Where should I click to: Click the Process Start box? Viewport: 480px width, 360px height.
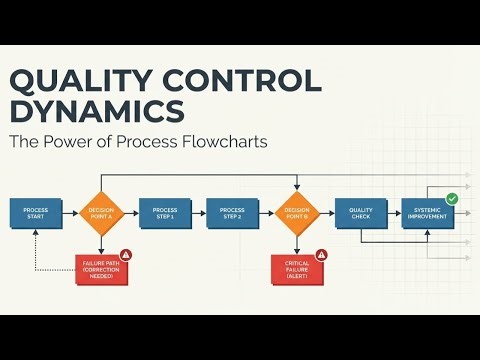pyautogui.click(x=36, y=212)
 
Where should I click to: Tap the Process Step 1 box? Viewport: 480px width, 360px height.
pyautogui.click(x=164, y=212)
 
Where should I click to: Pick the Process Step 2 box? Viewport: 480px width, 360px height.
pyautogui.click(x=231, y=212)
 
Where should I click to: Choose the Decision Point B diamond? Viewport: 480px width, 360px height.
pyautogui.click(x=296, y=212)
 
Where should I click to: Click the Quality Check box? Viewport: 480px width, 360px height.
pyautogui.click(x=360, y=212)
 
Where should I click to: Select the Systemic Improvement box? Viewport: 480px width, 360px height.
pyautogui.click(x=427, y=212)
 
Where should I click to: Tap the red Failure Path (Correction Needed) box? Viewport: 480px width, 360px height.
pyautogui.click(x=101, y=269)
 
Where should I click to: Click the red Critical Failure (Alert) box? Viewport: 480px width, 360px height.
pyautogui.click(x=297, y=269)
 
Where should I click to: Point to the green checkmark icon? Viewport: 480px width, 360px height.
pyautogui.click(x=452, y=199)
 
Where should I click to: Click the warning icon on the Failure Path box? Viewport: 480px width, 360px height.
pyautogui.click(x=126, y=255)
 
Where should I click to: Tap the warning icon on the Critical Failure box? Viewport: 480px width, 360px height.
pyautogui.click(x=321, y=255)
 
